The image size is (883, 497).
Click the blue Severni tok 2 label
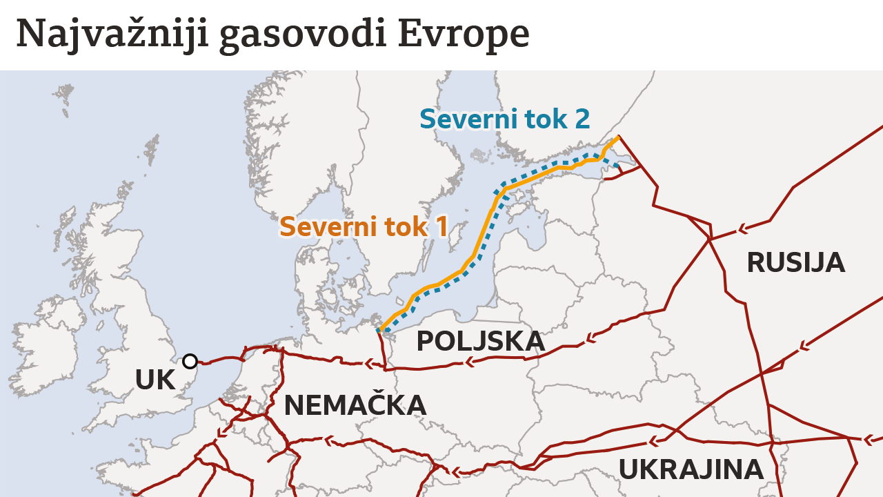tap(504, 119)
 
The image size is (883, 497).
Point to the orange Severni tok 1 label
tap(364, 227)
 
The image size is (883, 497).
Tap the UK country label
tap(155, 380)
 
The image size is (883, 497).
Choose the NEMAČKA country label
tap(355, 405)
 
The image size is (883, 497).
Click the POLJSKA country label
tap(480, 342)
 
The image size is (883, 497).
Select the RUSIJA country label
tap(795, 263)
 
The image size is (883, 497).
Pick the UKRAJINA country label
tap(691, 469)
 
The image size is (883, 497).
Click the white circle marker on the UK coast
tap(190, 361)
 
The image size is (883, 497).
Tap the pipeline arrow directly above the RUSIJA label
tap(744, 228)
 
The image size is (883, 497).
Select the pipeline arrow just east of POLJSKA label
tap(590, 338)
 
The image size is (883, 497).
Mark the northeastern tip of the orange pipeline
tap(617, 137)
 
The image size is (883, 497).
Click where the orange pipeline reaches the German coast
tap(379, 331)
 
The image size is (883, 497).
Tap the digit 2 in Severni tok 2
tap(582, 119)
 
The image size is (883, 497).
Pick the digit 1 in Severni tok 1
tap(441, 227)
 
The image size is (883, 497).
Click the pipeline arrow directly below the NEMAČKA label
tap(329, 440)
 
